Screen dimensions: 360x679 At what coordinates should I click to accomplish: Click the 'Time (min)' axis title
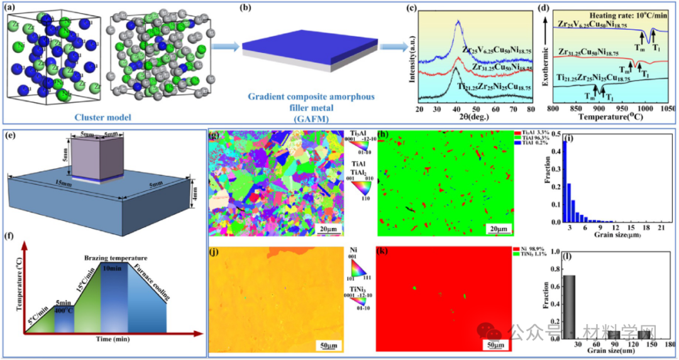(x=114, y=339)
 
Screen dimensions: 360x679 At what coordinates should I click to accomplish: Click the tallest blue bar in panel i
(x=564, y=182)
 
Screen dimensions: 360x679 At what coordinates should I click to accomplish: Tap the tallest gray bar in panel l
(x=569, y=308)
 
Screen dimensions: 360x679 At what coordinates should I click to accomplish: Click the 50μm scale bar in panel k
(x=495, y=344)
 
